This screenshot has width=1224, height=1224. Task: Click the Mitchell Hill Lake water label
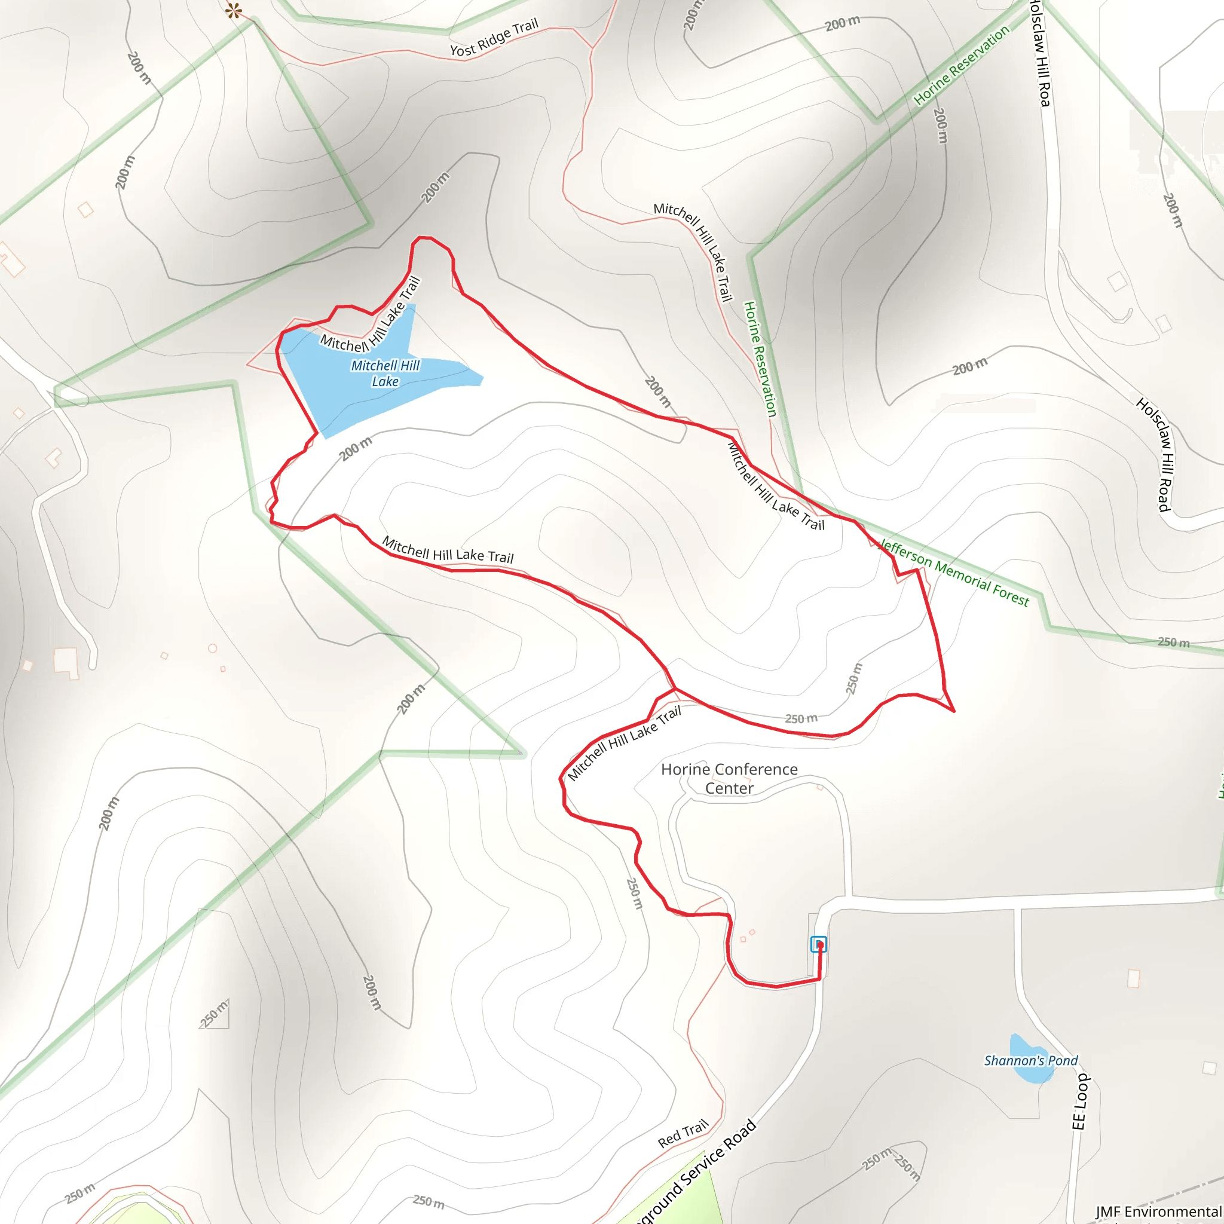click(x=385, y=373)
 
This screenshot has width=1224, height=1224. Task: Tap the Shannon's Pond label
click(x=1030, y=1061)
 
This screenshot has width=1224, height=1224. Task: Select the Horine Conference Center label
click(x=729, y=779)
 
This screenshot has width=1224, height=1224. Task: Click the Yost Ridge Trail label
click(x=494, y=38)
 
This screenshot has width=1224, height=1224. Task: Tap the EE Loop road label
click(x=1080, y=1101)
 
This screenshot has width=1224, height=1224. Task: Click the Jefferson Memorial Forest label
click(x=954, y=573)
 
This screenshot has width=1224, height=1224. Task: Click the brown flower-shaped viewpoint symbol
click(x=234, y=10)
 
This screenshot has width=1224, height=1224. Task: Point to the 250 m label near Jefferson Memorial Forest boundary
click(x=1173, y=642)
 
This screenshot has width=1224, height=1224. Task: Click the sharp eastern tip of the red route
click(x=953, y=711)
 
